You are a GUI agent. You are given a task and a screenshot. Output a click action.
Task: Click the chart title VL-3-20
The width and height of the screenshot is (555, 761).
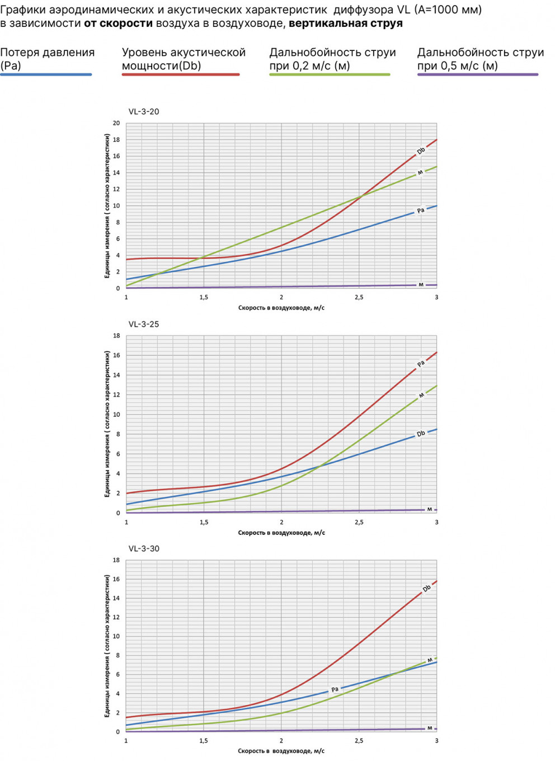pyautogui.click(x=144, y=111)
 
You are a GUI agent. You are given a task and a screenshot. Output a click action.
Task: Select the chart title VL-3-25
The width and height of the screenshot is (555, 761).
pyautogui.click(x=144, y=324)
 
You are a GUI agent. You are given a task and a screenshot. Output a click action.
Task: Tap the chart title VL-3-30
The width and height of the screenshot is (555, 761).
pyautogui.click(x=144, y=548)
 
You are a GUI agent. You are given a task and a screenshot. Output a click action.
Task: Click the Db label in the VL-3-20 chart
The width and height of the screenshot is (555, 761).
pyautogui.click(x=421, y=151)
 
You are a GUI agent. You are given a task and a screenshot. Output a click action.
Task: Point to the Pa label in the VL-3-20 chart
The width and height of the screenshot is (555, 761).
pyautogui.click(x=421, y=211)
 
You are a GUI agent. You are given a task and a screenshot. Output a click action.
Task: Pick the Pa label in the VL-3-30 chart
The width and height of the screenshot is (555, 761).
pyautogui.click(x=335, y=689)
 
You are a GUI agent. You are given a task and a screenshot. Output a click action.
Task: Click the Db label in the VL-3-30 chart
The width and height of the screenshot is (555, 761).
pyautogui.click(x=426, y=589)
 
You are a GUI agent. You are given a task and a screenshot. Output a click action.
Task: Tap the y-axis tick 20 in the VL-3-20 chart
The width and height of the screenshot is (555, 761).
pyautogui.click(x=116, y=123)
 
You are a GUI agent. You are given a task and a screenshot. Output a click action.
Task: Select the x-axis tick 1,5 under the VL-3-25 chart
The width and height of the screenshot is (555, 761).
pyautogui.click(x=204, y=522)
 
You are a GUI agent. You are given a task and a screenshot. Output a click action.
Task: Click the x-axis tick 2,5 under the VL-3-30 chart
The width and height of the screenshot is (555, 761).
pyautogui.click(x=359, y=741)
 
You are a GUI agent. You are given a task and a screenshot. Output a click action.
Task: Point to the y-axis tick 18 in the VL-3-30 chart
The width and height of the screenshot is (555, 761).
pyautogui.click(x=116, y=560)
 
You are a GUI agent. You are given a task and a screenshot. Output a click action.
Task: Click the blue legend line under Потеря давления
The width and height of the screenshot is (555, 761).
pyautogui.click(x=46, y=74)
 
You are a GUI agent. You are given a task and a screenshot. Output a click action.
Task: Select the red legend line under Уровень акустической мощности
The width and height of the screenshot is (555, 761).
pyautogui.click(x=181, y=74)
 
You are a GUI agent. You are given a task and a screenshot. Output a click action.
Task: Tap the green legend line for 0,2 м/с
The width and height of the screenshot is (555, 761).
pyautogui.click(x=330, y=74)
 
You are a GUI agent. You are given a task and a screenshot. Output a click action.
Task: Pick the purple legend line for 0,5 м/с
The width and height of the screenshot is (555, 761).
pyautogui.click(x=478, y=74)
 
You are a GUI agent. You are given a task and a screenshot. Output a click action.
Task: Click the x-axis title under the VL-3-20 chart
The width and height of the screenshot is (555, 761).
pyautogui.click(x=281, y=308)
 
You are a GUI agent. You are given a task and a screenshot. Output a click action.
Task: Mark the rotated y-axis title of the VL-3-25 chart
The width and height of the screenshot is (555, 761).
pyautogui.click(x=107, y=424)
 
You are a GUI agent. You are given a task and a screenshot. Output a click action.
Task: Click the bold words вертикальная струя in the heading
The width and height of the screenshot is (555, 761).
pyautogui.click(x=346, y=24)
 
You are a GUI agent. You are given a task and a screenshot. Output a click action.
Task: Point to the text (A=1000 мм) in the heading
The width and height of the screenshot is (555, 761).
pyautogui.click(x=448, y=10)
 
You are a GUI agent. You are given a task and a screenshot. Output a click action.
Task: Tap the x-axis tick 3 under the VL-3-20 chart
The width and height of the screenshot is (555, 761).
pyautogui.click(x=436, y=297)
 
